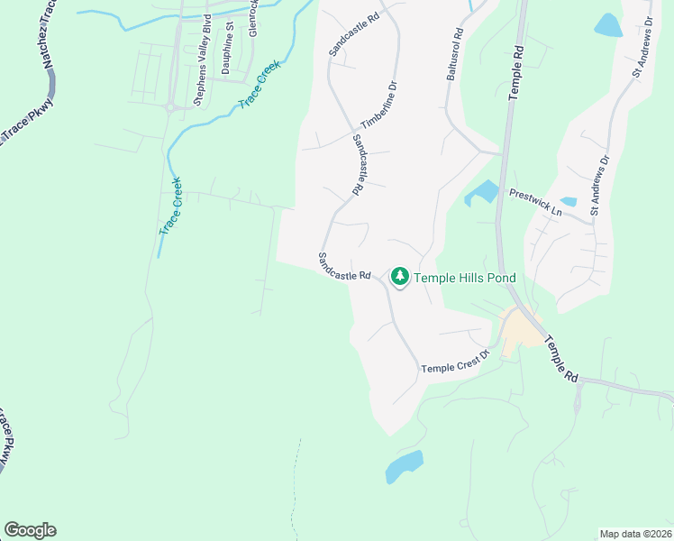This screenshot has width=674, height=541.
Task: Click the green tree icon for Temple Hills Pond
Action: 399,277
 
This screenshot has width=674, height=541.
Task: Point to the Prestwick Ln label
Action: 535,200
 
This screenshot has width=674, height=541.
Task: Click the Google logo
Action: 30,530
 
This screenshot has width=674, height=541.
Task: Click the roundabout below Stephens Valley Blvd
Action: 168,108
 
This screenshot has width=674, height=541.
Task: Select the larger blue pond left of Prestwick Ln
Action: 482,192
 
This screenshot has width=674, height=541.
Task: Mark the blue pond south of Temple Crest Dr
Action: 404,467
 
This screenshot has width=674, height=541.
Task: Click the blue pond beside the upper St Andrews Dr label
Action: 609,24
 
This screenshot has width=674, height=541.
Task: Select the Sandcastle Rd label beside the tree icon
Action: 345,266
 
